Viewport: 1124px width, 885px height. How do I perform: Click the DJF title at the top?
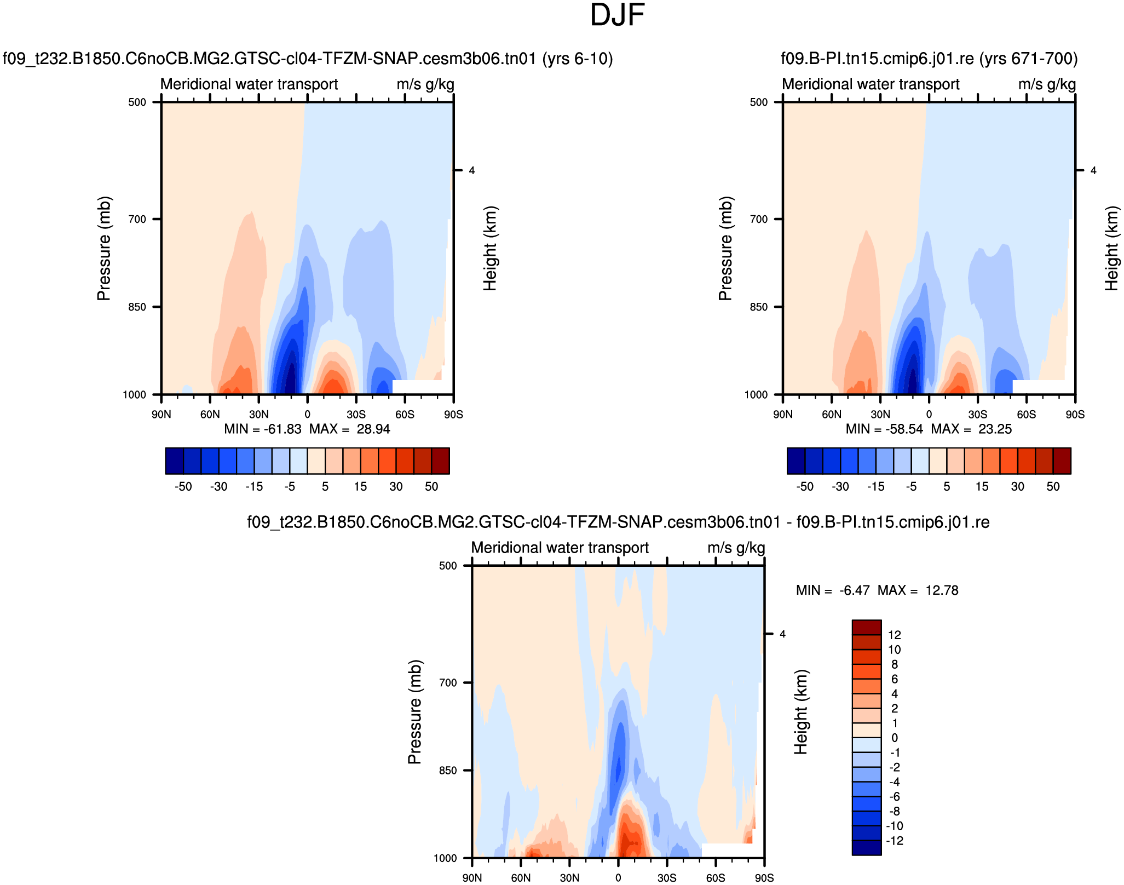[617, 15]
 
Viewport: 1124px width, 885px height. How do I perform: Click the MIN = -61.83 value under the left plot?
[263, 429]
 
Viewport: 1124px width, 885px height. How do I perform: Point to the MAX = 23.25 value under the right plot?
[971, 429]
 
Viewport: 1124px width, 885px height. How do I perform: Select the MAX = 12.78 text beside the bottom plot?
[918, 590]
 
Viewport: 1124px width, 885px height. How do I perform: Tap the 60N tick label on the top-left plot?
[210, 414]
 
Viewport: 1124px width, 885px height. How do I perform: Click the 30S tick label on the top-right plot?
[977, 414]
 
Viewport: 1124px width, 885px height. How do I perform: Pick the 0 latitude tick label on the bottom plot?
[618, 878]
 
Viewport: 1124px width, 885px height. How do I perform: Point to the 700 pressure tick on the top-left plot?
[137, 219]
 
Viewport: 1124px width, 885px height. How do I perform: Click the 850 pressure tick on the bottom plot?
[448, 770]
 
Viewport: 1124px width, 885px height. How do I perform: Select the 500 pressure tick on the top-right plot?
[758, 102]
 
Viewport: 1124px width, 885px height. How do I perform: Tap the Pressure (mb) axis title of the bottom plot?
[414, 712]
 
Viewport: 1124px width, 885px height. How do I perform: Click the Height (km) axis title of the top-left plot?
[490, 248]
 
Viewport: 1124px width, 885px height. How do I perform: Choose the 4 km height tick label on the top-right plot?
[1093, 171]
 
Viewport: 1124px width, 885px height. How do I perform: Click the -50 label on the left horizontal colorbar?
[183, 486]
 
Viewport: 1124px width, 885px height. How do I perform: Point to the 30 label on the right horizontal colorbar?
[1017, 486]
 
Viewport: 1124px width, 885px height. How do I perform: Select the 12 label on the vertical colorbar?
[895, 635]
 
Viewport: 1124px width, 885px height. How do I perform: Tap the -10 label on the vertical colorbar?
[895, 826]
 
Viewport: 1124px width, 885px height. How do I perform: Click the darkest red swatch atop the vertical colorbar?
[866, 627]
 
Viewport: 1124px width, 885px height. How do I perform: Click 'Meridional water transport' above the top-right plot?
[871, 84]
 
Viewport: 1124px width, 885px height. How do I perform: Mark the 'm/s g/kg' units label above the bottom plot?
[736, 548]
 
